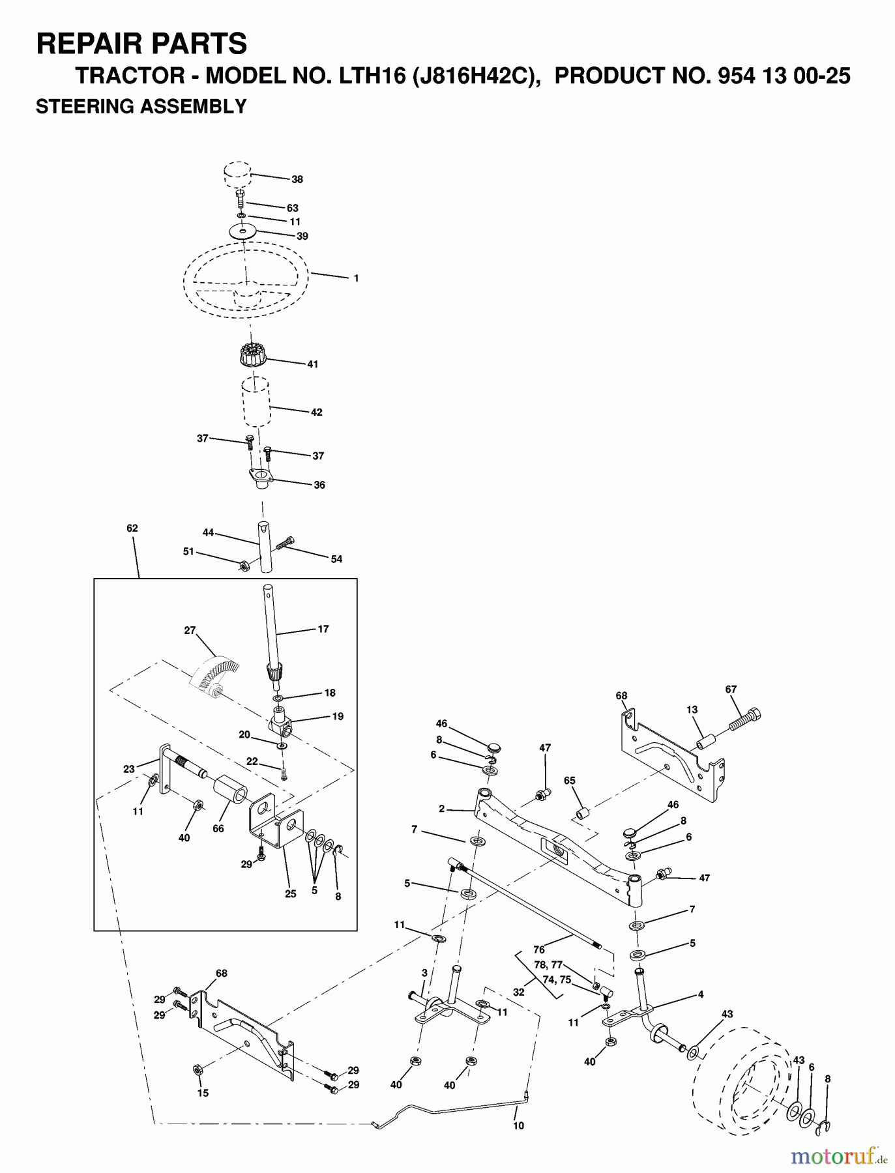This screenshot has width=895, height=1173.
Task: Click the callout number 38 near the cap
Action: click(x=297, y=179)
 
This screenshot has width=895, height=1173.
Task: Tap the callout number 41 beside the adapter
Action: click(x=312, y=364)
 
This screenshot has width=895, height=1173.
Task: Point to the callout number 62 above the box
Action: click(x=132, y=528)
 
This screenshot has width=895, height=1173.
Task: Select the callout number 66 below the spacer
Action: click(x=218, y=828)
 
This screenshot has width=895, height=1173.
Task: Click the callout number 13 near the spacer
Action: click(x=692, y=710)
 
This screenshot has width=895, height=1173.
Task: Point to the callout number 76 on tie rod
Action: click(x=538, y=950)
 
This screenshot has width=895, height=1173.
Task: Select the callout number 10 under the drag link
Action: click(x=518, y=1125)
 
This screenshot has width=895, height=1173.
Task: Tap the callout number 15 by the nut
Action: click(x=203, y=1093)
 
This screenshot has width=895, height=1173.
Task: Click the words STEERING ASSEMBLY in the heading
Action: click(x=141, y=106)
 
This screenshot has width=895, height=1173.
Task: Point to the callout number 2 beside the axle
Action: click(x=441, y=809)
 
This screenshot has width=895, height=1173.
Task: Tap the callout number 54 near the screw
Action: click(x=336, y=559)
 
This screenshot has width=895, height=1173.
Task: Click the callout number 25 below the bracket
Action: click(x=290, y=893)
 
